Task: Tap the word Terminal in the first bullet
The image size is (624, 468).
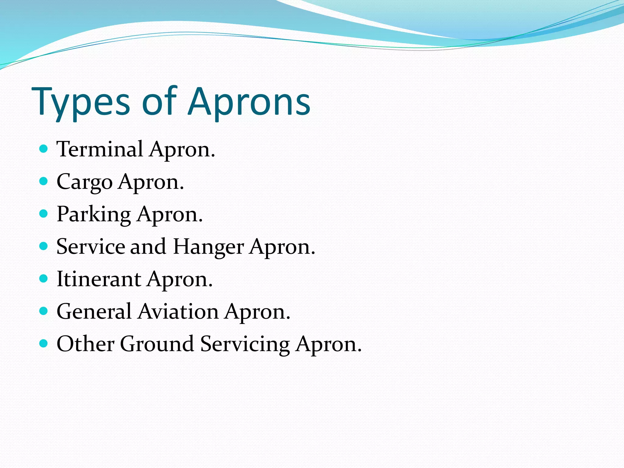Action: [x=100, y=149]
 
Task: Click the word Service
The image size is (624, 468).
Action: [x=90, y=246]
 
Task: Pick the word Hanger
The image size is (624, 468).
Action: [x=208, y=247]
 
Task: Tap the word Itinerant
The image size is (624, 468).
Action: [x=99, y=279]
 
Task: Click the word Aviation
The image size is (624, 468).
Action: [x=178, y=311]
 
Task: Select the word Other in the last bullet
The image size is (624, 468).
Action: [x=85, y=344]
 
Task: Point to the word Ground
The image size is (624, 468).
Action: [x=157, y=344]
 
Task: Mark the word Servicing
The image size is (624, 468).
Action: [x=245, y=344]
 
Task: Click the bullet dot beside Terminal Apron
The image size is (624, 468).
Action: [x=44, y=149]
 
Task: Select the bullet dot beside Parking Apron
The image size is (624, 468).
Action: [x=44, y=214]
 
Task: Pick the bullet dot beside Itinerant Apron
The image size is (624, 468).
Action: [x=44, y=278]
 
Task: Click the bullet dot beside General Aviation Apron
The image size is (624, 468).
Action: [x=44, y=311]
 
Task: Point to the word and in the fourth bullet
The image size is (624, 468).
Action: [x=148, y=246]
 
